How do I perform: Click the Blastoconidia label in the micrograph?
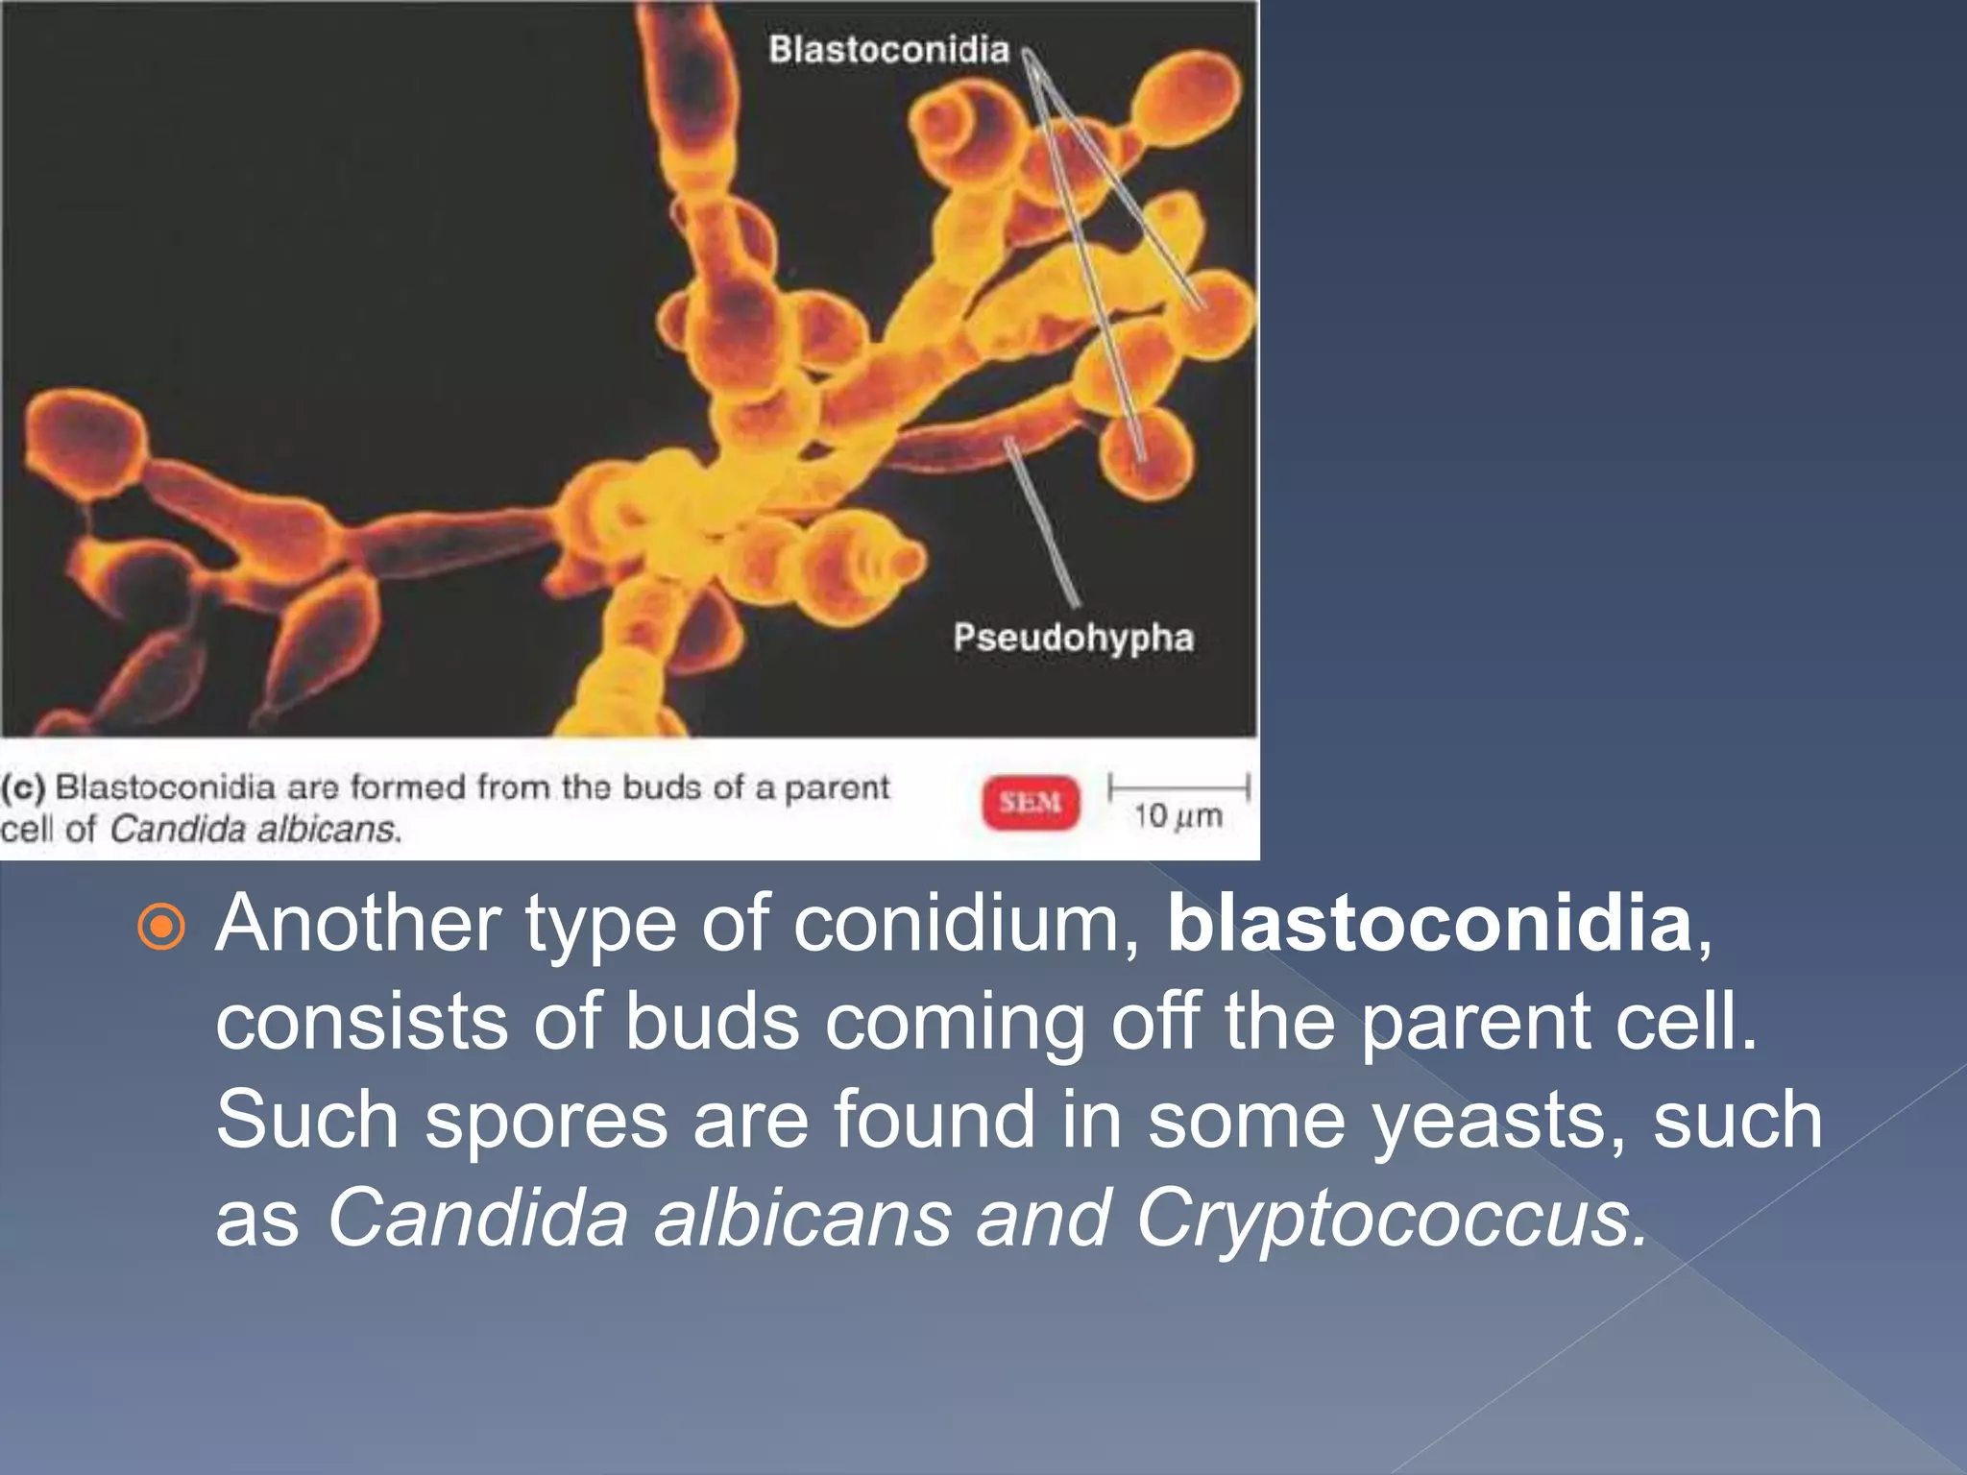click(888, 50)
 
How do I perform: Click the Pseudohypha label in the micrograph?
click(1073, 638)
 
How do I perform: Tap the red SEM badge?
click(1031, 802)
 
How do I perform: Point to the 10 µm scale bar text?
click(1178, 816)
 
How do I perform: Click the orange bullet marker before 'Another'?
click(161, 927)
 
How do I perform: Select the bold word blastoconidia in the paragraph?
click(1429, 923)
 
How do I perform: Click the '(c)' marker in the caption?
click(23, 787)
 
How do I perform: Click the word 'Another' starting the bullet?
click(358, 923)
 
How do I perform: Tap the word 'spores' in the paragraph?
click(546, 1120)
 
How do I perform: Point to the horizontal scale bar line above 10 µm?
click(1178, 787)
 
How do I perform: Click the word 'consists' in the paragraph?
click(361, 1022)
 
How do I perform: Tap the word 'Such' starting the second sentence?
click(306, 1120)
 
